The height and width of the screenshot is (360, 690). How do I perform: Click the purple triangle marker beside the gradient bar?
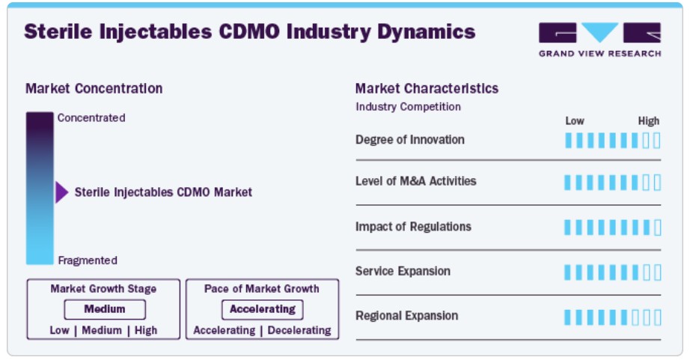click(61, 192)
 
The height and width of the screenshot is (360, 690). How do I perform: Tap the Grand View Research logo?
click(599, 40)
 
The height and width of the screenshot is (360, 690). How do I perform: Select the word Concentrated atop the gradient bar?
click(91, 118)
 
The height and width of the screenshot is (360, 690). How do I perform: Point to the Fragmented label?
click(88, 260)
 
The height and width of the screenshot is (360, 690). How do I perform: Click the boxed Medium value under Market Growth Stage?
click(105, 309)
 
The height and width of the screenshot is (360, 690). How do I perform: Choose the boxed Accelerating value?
click(262, 309)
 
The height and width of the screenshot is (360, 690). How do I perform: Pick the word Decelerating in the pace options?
click(299, 330)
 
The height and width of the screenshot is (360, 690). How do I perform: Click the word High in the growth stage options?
click(146, 330)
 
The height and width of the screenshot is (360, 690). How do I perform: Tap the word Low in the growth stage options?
click(59, 330)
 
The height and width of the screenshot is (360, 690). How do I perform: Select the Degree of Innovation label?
click(409, 140)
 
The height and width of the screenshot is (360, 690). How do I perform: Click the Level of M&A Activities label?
click(416, 181)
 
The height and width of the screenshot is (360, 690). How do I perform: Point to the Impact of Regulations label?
click(413, 227)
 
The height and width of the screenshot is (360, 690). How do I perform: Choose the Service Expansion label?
click(403, 271)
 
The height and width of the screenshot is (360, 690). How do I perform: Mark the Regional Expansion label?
click(406, 316)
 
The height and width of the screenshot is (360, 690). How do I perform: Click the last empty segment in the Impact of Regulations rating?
click(657, 228)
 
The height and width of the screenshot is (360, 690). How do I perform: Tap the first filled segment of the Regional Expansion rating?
click(568, 317)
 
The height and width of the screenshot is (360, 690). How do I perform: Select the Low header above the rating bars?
click(575, 121)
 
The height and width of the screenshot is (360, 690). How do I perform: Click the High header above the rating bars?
click(649, 121)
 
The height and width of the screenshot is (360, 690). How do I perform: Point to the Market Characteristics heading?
click(427, 88)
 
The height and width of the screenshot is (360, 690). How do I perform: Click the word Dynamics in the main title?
click(427, 32)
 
